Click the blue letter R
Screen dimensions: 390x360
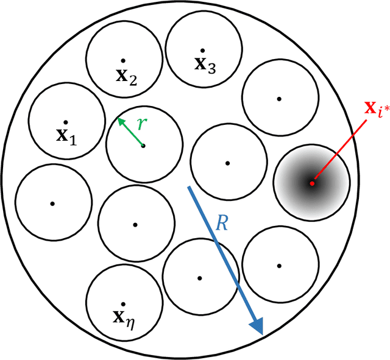coord(222,223)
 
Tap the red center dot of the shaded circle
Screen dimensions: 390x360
coord(311,183)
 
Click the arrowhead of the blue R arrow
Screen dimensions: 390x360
coord(258,327)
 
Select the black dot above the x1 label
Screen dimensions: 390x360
coord(65,122)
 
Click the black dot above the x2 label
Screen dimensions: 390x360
coord(123,60)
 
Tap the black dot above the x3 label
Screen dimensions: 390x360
coord(204,50)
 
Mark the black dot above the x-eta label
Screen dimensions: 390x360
coord(124,303)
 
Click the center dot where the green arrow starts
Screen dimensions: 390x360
coord(143,145)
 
